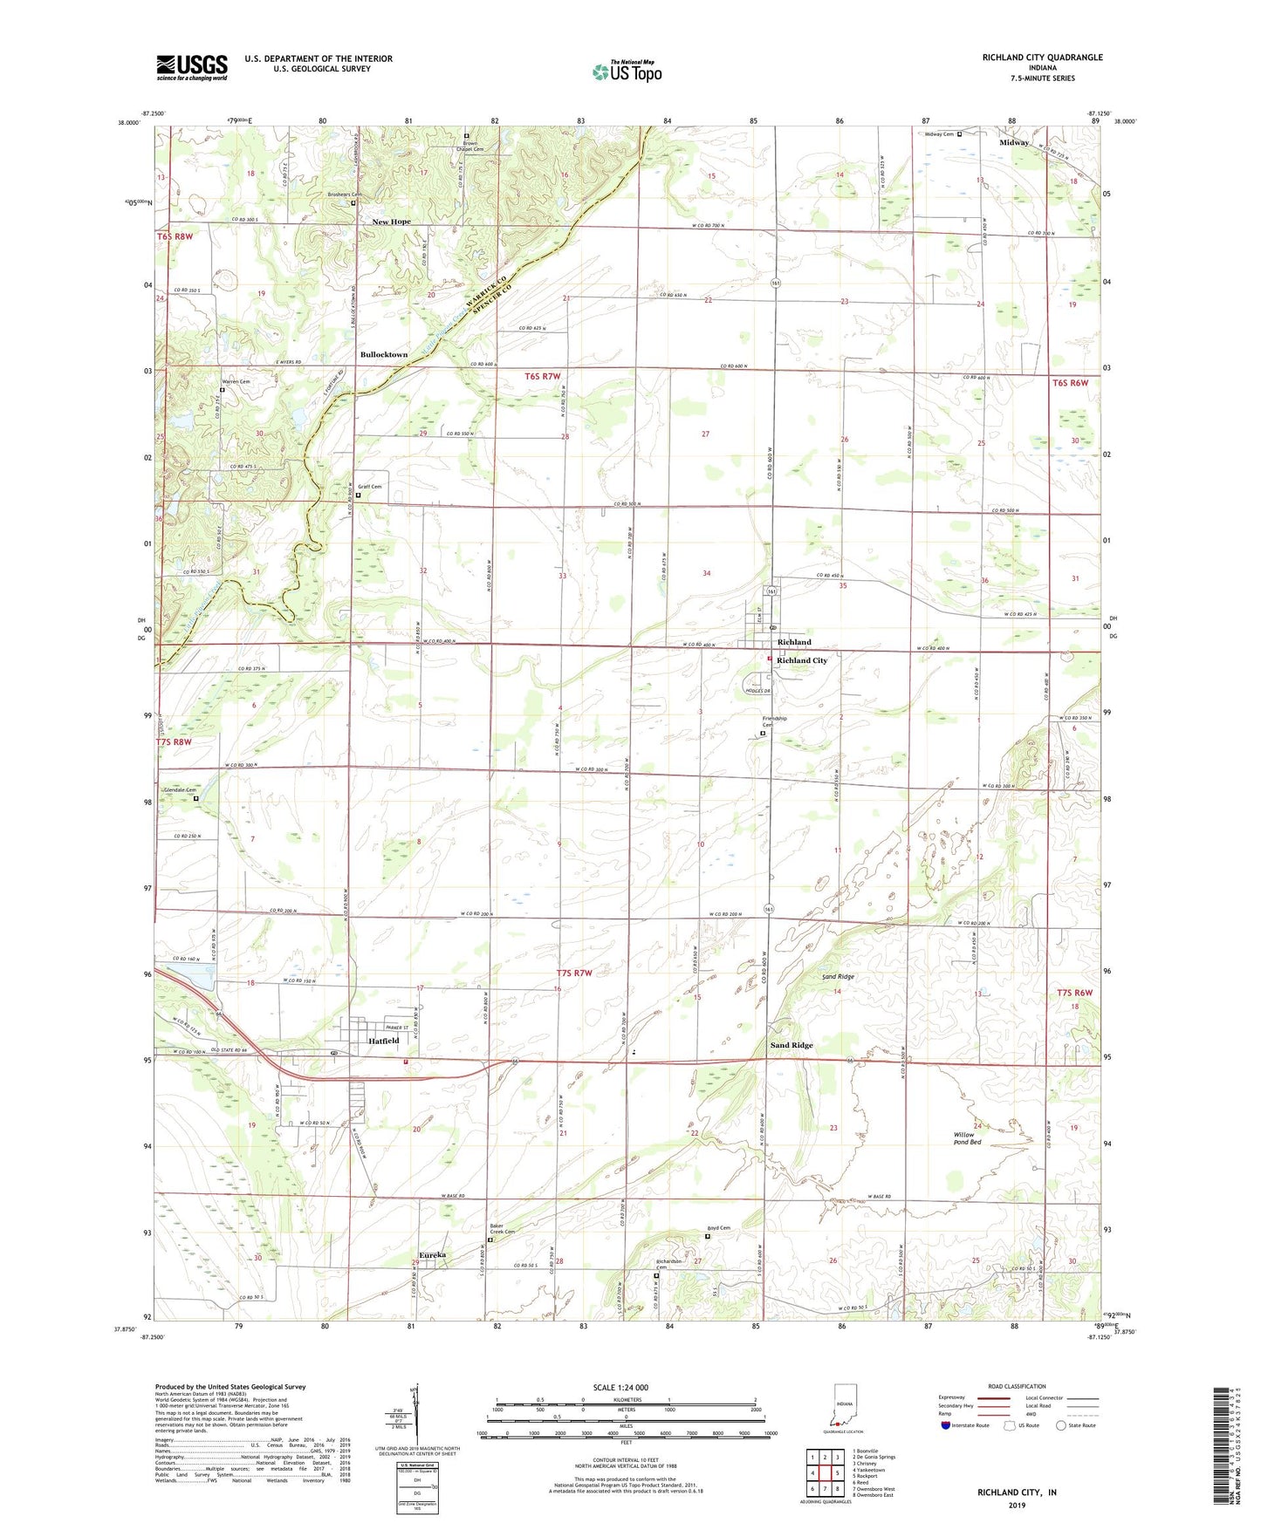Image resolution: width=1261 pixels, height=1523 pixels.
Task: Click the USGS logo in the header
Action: tap(192, 67)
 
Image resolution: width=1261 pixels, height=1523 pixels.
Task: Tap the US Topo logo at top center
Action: tap(626, 72)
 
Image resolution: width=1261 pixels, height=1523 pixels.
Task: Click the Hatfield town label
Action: tap(383, 1041)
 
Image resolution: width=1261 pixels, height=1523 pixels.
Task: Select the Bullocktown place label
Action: tap(384, 355)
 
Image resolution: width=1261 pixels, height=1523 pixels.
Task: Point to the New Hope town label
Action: tap(391, 222)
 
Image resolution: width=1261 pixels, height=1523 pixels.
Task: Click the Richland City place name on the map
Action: tap(802, 660)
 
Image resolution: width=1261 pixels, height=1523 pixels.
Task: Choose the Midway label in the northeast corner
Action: tap(1014, 142)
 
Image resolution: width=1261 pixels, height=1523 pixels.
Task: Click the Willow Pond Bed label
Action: tap(967, 1138)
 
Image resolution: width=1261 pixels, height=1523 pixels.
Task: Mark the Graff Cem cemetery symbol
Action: tap(358, 495)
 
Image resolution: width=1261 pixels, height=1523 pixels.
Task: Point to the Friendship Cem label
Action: tap(774, 721)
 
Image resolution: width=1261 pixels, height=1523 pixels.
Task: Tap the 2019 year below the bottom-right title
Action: tap(1017, 1505)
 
